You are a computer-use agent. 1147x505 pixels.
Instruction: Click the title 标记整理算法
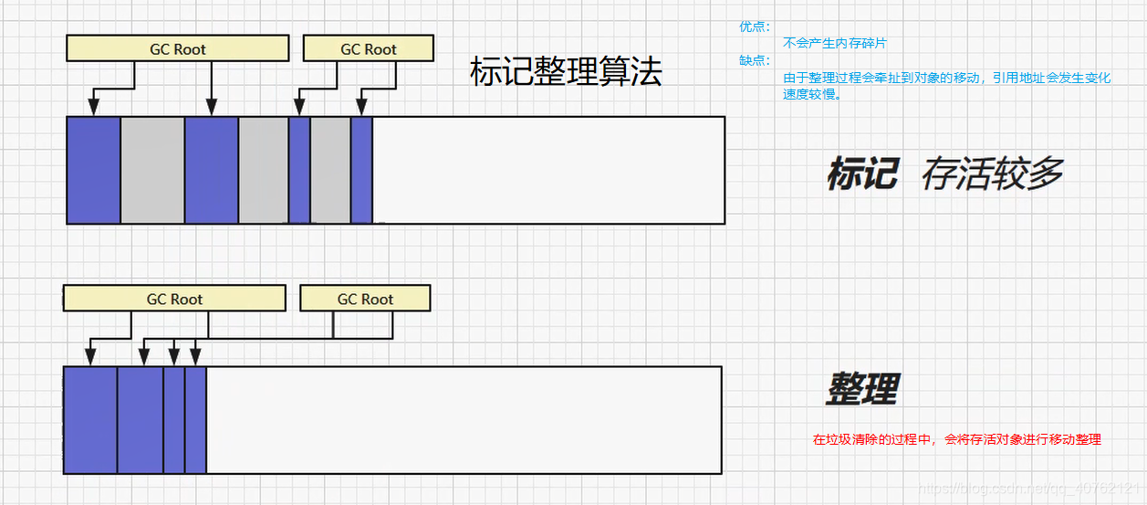[565, 71]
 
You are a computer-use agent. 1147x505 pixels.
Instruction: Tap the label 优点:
[755, 27]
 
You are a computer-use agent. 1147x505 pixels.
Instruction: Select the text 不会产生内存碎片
[835, 43]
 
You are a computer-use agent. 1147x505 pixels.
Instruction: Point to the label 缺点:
[755, 61]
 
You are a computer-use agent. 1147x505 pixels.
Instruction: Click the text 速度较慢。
[812, 94]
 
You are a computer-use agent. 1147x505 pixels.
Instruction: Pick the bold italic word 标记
[862, 174]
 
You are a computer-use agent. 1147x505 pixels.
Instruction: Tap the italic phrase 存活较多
[992, 174]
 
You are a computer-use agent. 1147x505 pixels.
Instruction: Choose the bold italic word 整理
[862, 389]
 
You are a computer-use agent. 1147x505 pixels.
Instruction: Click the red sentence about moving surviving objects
[957, 439]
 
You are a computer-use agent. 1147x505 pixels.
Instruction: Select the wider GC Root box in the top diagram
[177, 48]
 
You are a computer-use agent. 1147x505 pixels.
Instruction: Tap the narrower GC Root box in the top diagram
[368, 48]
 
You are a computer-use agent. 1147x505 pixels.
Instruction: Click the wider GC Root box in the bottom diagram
[174, 299]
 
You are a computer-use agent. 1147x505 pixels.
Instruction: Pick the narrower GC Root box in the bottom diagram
[365, 299]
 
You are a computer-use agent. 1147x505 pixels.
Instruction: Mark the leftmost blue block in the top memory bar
[94, 170]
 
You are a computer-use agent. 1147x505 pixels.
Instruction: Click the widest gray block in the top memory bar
[152, 170]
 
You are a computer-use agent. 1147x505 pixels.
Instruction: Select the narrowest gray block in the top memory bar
[330, 170]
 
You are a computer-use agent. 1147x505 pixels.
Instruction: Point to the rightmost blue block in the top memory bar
[361, 170]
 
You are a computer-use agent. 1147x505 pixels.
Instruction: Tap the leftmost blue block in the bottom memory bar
[90, 420]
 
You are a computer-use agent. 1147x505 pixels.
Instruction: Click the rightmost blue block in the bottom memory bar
[195, 420]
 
